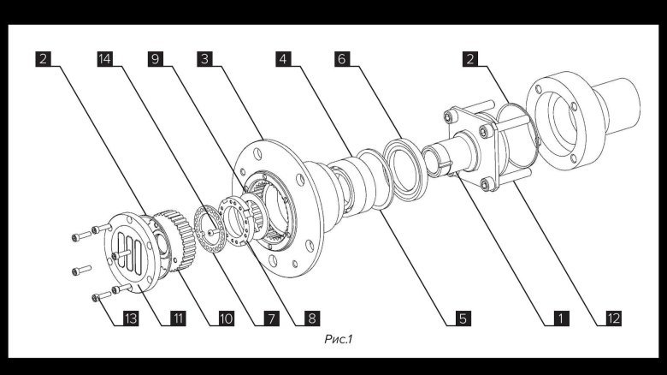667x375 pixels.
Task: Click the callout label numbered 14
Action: coord(104,59)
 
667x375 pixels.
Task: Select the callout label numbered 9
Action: coord(156,59)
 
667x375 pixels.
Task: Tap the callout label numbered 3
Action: coord(205,59)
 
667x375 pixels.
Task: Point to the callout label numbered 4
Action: coord(283,59)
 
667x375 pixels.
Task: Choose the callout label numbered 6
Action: coord(342,59)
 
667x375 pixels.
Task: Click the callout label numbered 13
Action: coord(131,318)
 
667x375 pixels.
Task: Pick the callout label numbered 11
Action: coord(178,318)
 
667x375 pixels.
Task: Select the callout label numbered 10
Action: coord(227,318)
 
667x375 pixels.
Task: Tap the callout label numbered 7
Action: coord(271,318)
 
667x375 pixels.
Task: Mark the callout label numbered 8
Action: coord(312,318)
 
